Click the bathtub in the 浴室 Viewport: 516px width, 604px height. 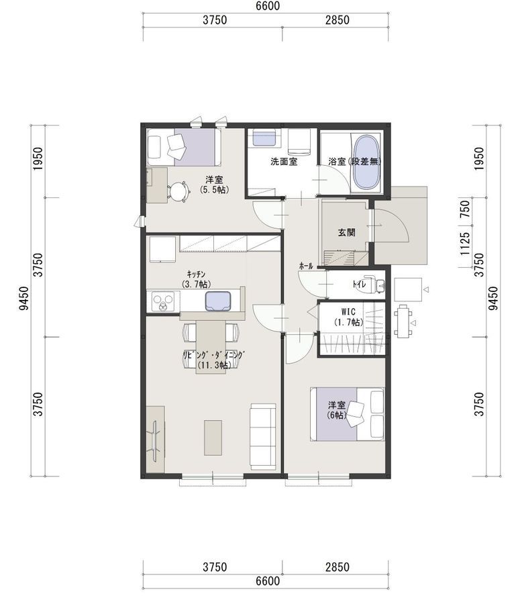click(x=367, y=162)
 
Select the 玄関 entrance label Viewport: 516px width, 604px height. click(x=346, y=232)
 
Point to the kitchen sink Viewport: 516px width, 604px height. click(x=218, y=301)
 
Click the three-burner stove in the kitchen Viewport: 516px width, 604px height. click(x=163, y=301)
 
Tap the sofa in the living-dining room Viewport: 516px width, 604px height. click(x=263, y=436)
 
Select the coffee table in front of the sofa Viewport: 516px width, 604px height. click(x=213, y=438)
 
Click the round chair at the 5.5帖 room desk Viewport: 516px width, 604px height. click(x=178, y=191)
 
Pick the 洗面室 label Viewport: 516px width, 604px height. click(x=284, y=161)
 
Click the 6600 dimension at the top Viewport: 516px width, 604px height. click(x=268, y=6)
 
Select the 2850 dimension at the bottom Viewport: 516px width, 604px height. click(x=338, y=567)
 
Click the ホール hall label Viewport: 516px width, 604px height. click(x=306, y=266)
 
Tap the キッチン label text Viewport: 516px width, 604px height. click(x=196, y=274)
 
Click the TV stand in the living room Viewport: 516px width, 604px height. click(x=156, y=438)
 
